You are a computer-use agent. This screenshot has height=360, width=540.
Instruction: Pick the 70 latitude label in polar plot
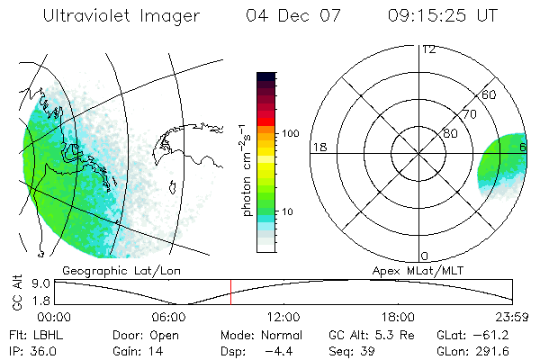coord(468,114)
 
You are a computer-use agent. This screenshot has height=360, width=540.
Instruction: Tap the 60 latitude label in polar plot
coord(489,94)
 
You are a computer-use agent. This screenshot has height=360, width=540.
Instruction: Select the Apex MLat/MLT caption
coord(412,270)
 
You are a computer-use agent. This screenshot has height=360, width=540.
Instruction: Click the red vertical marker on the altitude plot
coord(230,292)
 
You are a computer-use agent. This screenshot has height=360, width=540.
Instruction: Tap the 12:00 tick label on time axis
coord(283,317)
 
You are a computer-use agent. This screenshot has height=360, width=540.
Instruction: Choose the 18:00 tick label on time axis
coord(398,317)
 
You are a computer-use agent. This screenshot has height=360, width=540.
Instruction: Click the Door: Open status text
coord(145,334)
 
